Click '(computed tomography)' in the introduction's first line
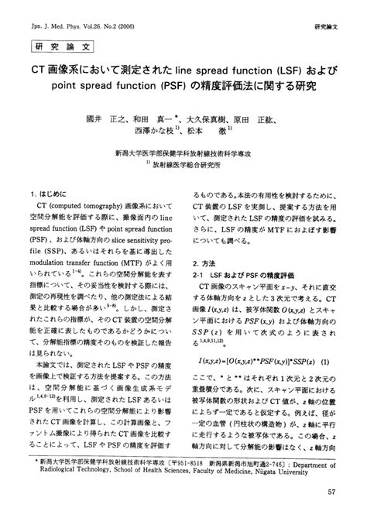[x=81, y=208]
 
